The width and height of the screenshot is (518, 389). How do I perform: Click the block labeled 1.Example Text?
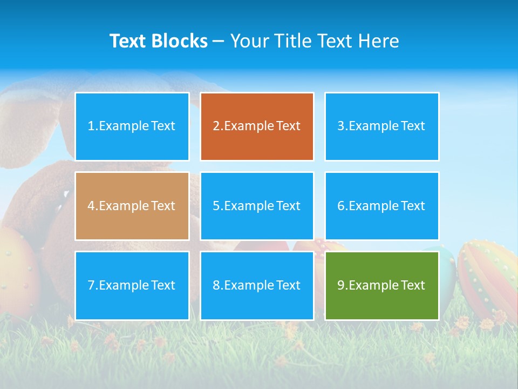pos(132,126)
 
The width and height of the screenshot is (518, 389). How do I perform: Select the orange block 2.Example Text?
pos(257,126)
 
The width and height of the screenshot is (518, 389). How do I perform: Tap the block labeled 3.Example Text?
pos(381,126)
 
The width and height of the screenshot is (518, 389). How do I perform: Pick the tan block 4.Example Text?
pos(132,206)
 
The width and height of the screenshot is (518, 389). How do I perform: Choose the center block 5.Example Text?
pos(257,206)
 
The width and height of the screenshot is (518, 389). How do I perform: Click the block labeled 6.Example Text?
pos(381,206)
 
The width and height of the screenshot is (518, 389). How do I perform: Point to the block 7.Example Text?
pos(132,285)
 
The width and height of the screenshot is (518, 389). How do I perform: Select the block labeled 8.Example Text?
pos(257,285)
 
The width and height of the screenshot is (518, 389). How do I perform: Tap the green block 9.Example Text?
pos(381,285)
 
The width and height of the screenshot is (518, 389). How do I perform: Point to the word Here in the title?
pos(380,41)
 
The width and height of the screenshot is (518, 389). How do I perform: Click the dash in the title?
pos(219,41)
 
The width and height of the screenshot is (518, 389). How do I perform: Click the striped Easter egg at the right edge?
pos(488,278)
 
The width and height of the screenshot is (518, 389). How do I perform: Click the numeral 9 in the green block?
pos(341,285)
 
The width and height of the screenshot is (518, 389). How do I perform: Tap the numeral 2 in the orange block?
pos(216,126)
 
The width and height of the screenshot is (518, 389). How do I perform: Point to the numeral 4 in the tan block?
pos(91,206)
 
